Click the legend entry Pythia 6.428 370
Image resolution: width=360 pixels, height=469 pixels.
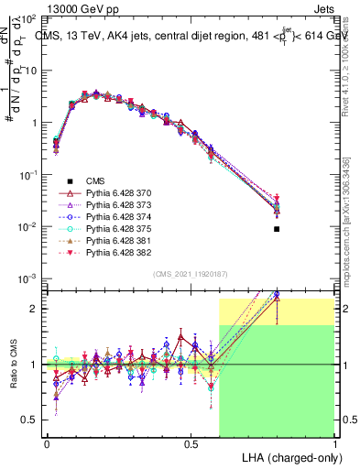(x=119, y=194)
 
